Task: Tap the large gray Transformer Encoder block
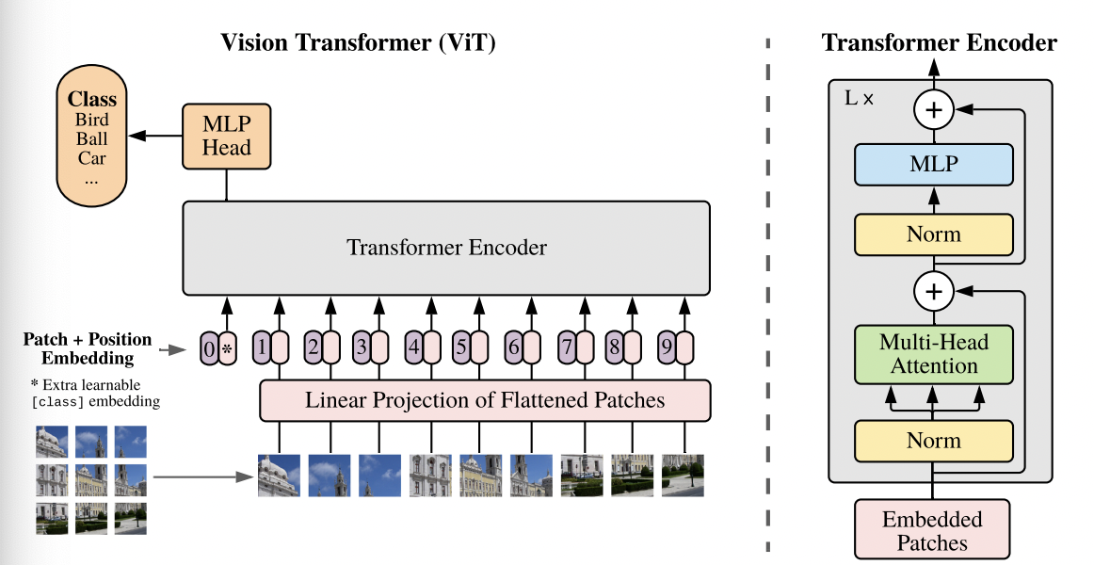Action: [445, 248]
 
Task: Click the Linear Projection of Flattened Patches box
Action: [485, 400]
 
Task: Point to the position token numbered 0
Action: [209, 348]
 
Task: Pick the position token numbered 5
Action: [460, 348]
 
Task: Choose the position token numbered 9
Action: [666, 348]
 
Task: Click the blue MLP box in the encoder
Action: [933, 165]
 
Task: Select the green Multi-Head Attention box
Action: [933, 354]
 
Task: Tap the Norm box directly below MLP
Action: [933, 234]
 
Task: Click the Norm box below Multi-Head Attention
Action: [933, 441]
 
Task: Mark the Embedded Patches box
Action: [932, 531]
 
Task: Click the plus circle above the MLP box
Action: [933, 111]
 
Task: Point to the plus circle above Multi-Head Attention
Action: [933, 292]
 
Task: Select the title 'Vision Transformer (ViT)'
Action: [358, 42]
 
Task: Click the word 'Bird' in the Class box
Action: [91, 120]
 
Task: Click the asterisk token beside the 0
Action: [227, 348]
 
